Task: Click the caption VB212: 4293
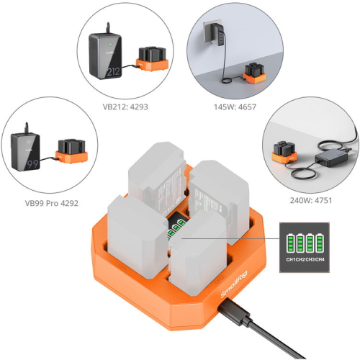pos(125,107)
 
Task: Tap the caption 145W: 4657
pos(235,107)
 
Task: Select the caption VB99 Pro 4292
pos(52,203)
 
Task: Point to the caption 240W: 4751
pos(311,200)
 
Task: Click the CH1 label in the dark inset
pos(291,259)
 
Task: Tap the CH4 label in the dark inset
pos(320,259)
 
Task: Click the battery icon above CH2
pos(300,243)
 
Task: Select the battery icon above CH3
pos(310,243)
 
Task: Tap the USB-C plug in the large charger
pos(234,312)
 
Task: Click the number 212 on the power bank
pos(113,71)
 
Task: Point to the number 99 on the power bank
pos(32,164)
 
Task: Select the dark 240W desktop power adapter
pos(331,158)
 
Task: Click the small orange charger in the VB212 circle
pos(152,59)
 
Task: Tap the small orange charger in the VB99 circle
pos(71,151)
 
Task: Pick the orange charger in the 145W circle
pos(254,73)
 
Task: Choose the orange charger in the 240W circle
pos(284,153)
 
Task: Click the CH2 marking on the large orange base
pos(219,279)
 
